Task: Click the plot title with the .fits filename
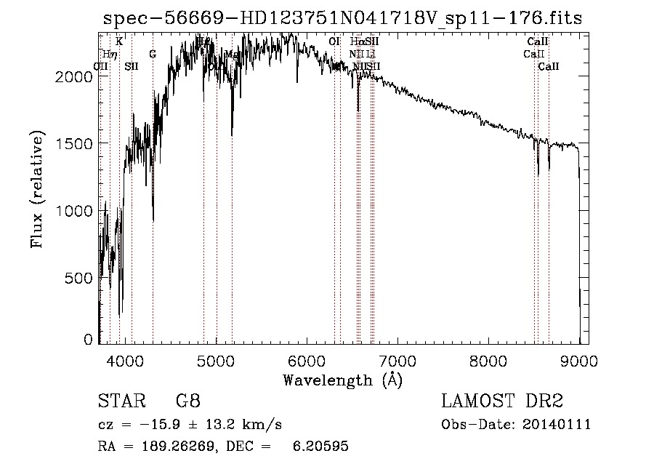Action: click(x=342, y=18)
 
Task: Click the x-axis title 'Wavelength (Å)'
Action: click(x=342, y=380)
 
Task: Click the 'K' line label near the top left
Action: click(x=119, y=41)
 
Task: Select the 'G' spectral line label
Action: click(x=153, y=54)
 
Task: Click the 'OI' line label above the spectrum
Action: click(x=334, y=41)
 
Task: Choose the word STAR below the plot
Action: click(x=121, y=401)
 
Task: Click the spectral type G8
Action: click(x=187, y=401)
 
